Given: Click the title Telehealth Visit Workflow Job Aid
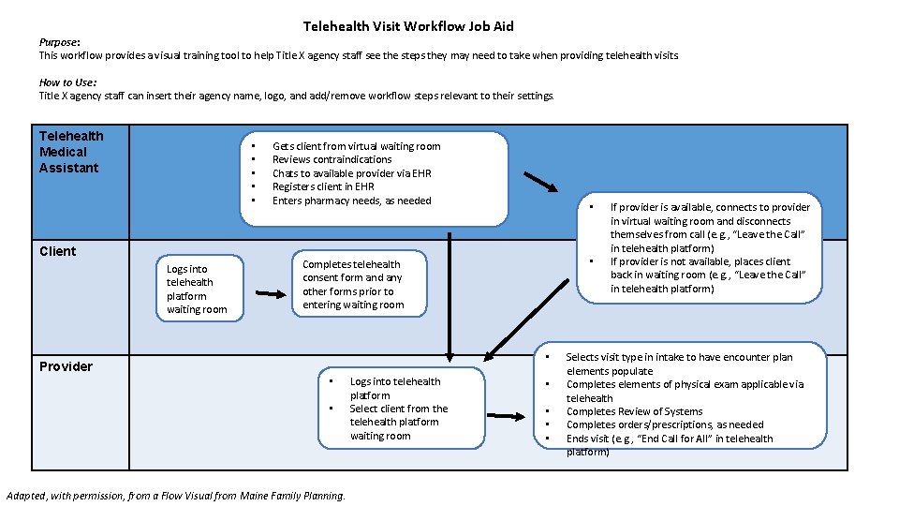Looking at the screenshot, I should (x=408, y=26).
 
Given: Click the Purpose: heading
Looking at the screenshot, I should (x=59, y=42).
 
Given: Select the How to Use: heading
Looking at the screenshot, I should (x=67, y=82).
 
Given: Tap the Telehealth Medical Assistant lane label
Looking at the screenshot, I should (x=71, y=152).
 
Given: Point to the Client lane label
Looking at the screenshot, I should (x=58, y=251).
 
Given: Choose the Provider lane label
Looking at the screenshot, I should (x=66, y=366).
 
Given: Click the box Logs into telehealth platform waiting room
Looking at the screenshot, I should (x=197, y=289).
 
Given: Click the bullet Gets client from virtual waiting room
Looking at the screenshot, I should (x=356, y=146).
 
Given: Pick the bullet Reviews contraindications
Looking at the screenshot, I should (x=332, y=159).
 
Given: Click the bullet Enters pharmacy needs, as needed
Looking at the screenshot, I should (x=351, y=201).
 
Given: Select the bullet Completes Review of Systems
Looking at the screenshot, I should (x=634, y=411).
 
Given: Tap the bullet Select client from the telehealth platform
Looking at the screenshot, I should (x=398, y=422).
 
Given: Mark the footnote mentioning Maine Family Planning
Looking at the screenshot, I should (x=175, y=496).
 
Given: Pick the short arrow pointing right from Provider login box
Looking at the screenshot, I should (x=507, y=416).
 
